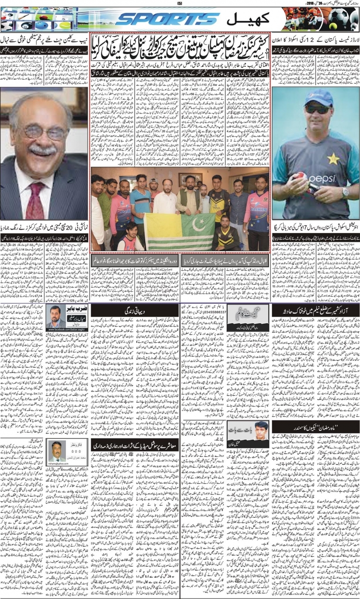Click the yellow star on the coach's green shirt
tap(333, 158)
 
